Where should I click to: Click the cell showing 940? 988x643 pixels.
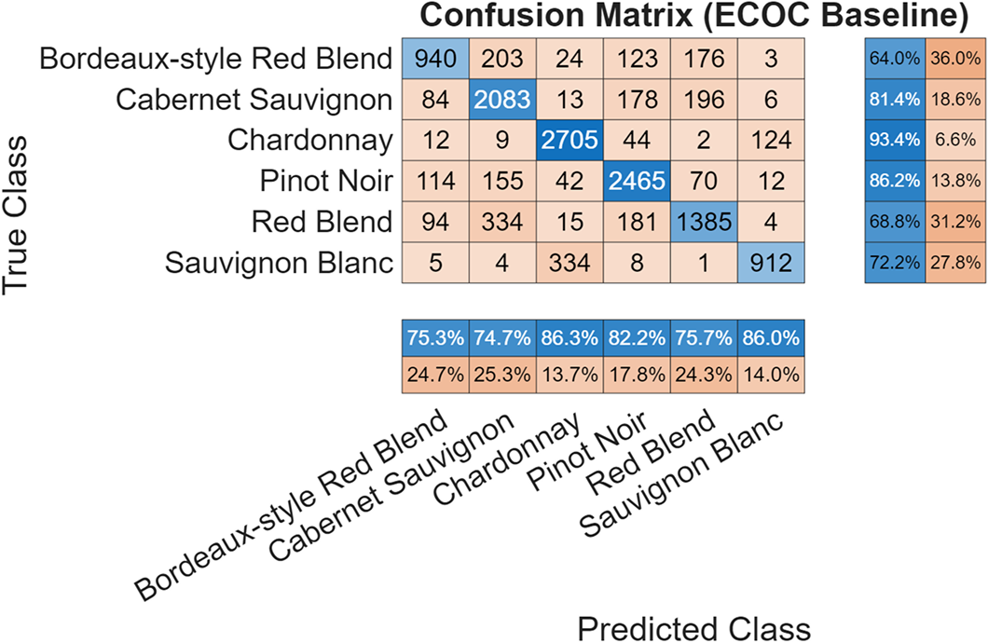pyautogui.click(x=435, y=59)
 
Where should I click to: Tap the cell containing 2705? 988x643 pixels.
pyautogui.click(x=569, y=141)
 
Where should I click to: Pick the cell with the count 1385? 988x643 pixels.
pyautogui.click(x=704, y=222)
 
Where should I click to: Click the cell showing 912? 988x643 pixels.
pyautogui.click(x=772, y=263)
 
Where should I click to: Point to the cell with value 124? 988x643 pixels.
pyautogui.click(x=772, y=141)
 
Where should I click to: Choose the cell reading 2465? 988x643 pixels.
pyautogui.click(x=637, y=181)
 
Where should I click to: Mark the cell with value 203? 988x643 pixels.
pyautogui.click(x=502, y=59)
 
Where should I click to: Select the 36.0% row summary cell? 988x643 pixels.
pyautogui.click(x=955, y=59)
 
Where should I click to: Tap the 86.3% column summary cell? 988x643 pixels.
pyautogui.click(x=569, y=336)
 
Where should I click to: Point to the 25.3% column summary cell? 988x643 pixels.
pyautogui.click(x=502, y=375)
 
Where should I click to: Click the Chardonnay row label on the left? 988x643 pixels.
pyautogui.click(x=310, y=141)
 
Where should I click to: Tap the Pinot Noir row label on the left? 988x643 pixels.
pyautogui.click(x=322, y=181)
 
